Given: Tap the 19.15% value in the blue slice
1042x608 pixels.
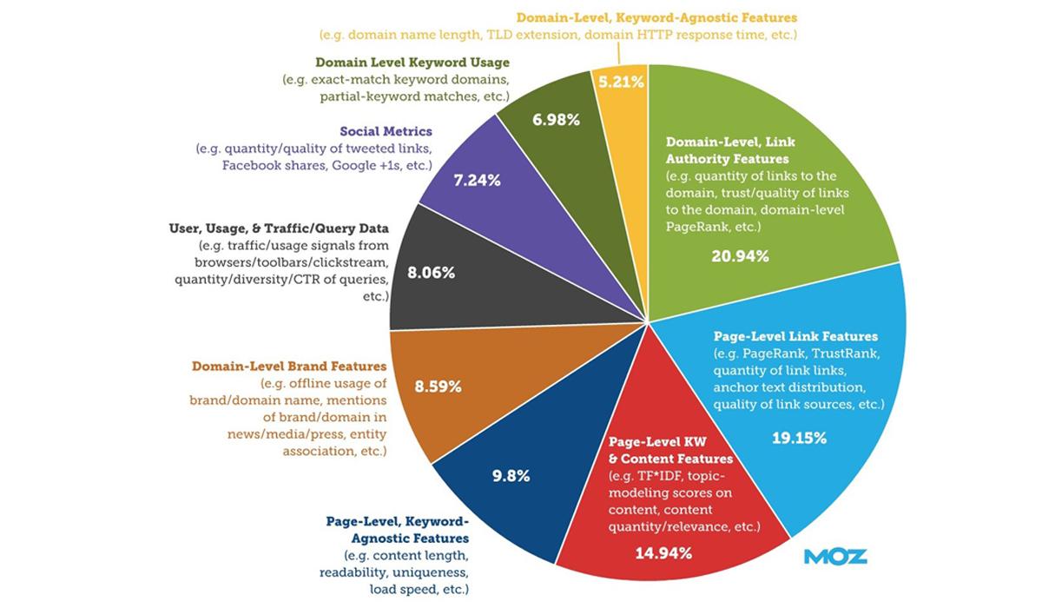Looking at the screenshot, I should [x=799, y=438].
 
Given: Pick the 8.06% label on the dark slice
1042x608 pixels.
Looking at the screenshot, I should [x=431, y=271].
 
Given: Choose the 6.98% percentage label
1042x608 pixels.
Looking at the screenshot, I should [x=556, y=119].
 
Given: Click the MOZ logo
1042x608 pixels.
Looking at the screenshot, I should [x=835, y=556].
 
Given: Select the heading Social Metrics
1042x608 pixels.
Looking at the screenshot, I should [x=386, y=131].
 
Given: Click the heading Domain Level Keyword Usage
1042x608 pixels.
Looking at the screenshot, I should [x=412, y=63].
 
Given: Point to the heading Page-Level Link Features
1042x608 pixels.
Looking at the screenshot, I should [x=795, y=336].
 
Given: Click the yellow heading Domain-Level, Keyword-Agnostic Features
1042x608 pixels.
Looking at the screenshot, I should [x=656, y=17].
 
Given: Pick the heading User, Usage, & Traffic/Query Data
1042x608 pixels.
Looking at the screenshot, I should [x=278, y=228].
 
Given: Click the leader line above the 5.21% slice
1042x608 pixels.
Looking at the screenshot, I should [x=619, y=55].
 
